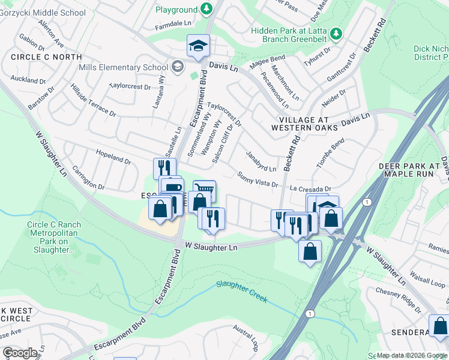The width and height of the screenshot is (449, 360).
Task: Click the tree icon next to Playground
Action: pos(206,9)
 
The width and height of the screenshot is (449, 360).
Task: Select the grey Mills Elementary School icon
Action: pos(177,67)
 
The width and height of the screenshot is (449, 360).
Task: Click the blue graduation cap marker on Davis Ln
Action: pos(197,46)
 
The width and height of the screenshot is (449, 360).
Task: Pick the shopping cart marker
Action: pos(205,191)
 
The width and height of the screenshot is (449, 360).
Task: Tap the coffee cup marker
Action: pos(172,188)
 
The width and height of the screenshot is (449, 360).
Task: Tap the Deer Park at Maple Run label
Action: pos(414,169)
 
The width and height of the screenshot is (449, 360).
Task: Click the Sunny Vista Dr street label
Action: pos(258,179)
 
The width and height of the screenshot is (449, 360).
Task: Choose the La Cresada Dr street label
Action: pos(310,188)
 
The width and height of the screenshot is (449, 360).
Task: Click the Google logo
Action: pos(20,353)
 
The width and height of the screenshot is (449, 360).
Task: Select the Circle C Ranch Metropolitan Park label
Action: pos(54,237)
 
